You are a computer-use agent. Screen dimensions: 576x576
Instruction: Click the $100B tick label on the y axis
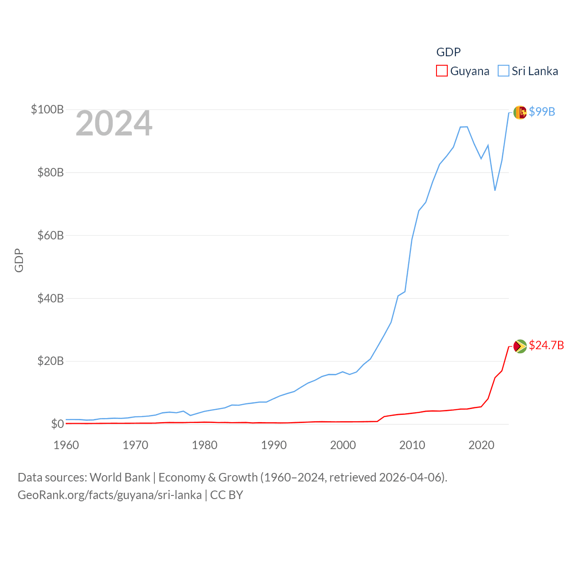pos(47,109)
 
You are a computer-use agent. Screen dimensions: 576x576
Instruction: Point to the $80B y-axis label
pos(50,172)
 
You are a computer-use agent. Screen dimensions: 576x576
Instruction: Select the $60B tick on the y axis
pos(50,235)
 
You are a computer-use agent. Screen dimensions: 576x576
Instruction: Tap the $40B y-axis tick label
pos(50,298)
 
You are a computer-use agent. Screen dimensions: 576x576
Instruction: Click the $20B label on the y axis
pos(50,361)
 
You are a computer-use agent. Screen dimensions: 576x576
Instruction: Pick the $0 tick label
pos(57,424)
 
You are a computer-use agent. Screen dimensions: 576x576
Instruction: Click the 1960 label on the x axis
pos(66,445)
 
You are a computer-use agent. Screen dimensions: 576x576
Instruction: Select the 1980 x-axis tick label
pos(205,445)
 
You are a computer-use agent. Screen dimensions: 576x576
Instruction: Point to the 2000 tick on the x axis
pos(343,445)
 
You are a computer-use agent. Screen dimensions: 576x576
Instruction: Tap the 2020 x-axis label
pos(481,445)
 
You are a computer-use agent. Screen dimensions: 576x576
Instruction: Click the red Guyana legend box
pos(442,71)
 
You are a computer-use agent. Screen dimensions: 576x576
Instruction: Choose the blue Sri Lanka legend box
pos(504,71)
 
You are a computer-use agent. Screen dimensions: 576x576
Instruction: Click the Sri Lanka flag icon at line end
pos(520,112)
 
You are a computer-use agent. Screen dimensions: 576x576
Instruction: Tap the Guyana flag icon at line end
pos(520,346)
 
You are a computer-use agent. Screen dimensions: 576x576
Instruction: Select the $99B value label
pos(542,112)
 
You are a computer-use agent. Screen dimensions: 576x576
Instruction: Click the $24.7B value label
pos(546,345)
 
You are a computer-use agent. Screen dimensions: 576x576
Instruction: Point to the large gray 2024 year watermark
pos(114,123)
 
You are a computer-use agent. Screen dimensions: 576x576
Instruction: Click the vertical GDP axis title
pos(19,260)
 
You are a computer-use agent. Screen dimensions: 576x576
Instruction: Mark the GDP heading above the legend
pos(449,52)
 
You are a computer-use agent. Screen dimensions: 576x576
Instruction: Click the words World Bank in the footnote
pos(120,477)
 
